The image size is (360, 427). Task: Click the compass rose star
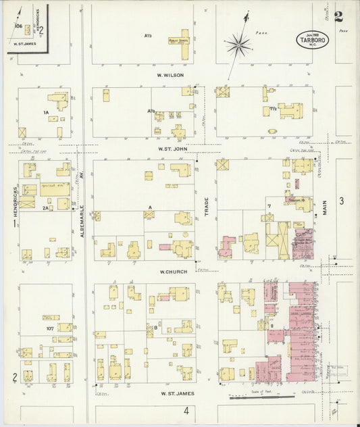click(x=238, y=45)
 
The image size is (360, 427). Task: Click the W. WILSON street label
click(x=171, y=75)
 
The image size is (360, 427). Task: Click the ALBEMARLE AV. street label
click(x=82, y=211)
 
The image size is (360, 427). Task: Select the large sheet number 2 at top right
click(x=338, y=16)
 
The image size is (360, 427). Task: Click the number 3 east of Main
click(x=342, y=201)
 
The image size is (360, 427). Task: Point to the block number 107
click(x=49, y=328)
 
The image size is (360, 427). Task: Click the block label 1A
click(x=46, y=112)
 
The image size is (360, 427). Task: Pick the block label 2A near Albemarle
click(x=46, y=208)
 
